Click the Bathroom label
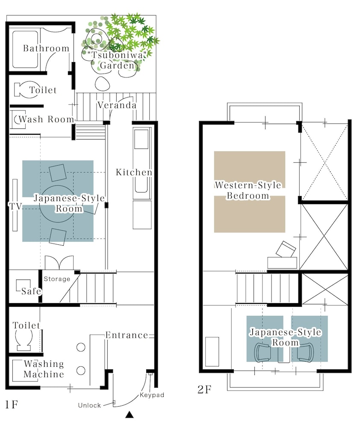46,48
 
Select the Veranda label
117,105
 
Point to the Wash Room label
46,119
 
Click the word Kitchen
134,172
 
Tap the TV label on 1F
15,206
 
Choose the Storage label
57,279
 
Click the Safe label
31,291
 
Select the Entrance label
127,335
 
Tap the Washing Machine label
44,369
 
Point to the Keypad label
152,395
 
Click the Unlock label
89,405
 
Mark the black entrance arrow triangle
130,415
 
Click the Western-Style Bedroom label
248,190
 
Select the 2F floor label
204,389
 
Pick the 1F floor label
12,404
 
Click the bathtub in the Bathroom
25,49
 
